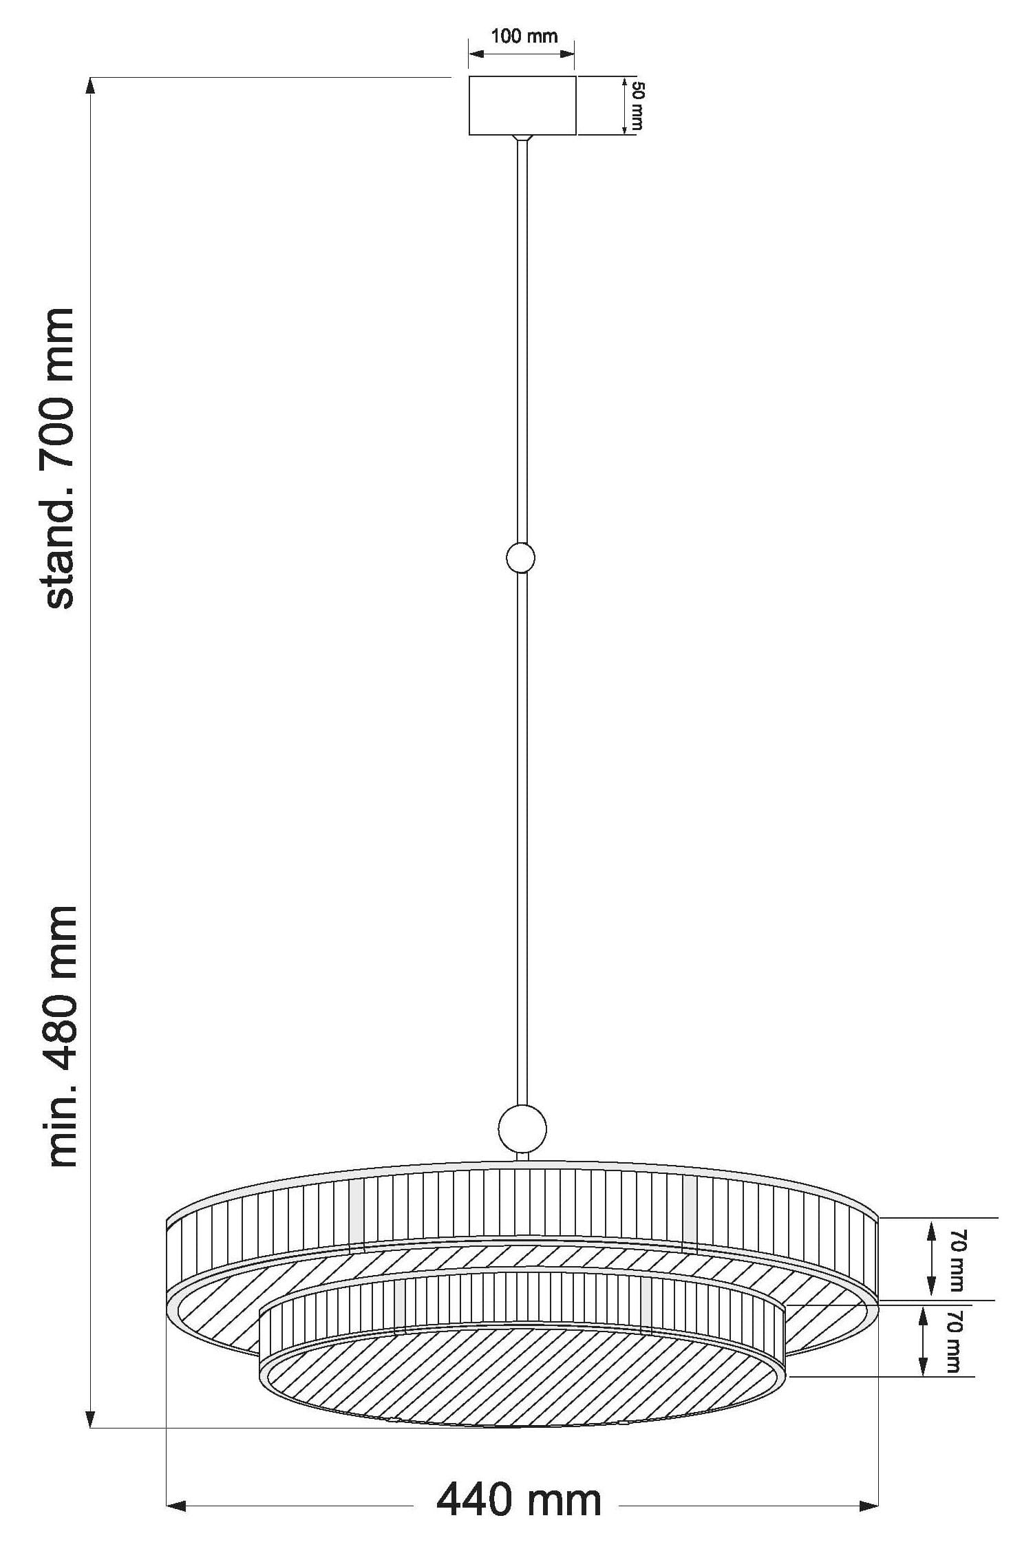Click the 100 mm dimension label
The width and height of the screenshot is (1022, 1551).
pos(524,36)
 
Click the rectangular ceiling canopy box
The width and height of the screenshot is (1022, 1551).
pos(522,105)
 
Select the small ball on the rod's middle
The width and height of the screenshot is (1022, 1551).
pos(520,557)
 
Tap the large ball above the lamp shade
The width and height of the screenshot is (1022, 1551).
pos(522,1129)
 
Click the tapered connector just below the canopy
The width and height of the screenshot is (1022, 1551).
pos(522,138)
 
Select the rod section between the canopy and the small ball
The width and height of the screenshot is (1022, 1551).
pos(522,344)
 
